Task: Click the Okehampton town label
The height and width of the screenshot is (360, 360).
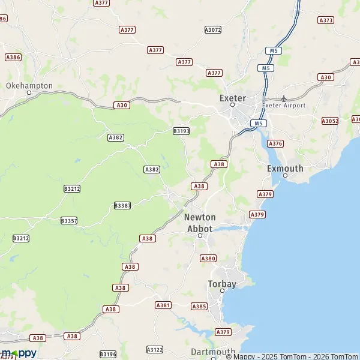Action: pyautogui.click(x=29, y=86)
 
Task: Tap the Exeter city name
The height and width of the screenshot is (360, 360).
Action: pyautogui.click(x=233, y=98)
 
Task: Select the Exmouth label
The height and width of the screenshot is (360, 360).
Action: pyautogui.click(x=285, y=169)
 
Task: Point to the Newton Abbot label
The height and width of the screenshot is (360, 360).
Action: pyautogui.click(x=199, y=223)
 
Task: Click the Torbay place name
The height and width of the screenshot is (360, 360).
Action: pyautogui.click(x=222, y=283)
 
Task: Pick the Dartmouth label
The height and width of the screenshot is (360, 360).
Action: pyautogui.click(x=213, y=352)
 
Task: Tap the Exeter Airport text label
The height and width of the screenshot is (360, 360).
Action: pyautogui.click(x=284, y=106)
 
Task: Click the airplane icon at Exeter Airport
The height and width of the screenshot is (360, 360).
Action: pyautogui.click(x=284, y=98)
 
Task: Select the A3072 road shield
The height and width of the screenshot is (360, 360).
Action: pyautogui.click(x=213, y=29)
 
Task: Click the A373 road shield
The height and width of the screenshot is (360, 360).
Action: pyautogui.click(x=326, y=20)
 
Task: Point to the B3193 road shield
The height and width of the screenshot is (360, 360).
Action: pyautogui.click(x=181, y=131)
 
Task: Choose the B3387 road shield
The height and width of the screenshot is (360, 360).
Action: pyautogui.click(x=122, y=205)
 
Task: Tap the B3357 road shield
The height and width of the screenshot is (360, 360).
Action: pyautogui.click(x=69, y=221)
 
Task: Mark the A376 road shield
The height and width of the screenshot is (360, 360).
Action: pyautogui.click(x=275, y=143)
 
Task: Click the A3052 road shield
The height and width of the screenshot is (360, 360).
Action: pyautogui.click(x=330, y=121)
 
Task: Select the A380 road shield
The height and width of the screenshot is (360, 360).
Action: pyautogui.click(x=208, y=259)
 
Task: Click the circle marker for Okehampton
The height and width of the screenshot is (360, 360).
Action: pyautogui.click(x=29, y=93)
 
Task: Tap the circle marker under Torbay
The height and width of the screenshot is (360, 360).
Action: pyautogui.click(x=222, y=290)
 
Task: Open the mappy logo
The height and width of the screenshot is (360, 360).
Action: pyautogui.click(x=19, y=353)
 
